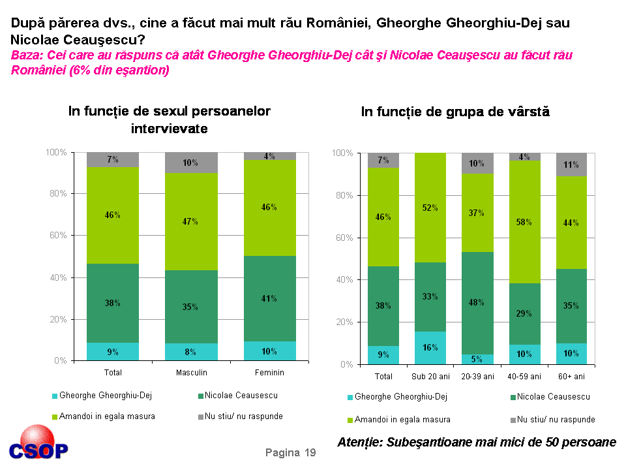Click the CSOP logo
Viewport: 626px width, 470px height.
pyautogui.click(x=38, y=445)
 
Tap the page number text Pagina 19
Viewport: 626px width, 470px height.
pyautogui.click(x=290, y=452)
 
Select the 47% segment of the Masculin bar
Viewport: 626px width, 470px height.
pyautogui.click(x=191, y=221)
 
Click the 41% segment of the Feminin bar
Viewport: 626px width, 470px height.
pyautogui.click(x=269, y=298)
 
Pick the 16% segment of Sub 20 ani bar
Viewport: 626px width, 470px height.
pyautogui.click(x=430, y=347)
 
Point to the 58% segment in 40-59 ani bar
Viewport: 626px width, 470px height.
pyautogui.click(x=524, y=222)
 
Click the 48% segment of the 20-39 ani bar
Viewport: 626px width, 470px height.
pyautogui.click(x=477, y=303)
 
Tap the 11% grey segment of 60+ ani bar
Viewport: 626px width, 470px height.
pyautogui.click(x=571, y=164)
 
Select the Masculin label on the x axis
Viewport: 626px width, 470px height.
pyautogui.click(x=191, y=372)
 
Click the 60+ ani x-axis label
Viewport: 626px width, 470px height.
pyautogui.click(x=571, y=376)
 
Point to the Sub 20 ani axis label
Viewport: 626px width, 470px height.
pyautogui.click(x=430, y=376)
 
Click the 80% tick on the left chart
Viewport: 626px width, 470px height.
pyautogui.click(x=56, y=194)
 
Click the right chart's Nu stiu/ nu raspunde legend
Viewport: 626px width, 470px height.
pyautogui.click(x=554, y=419)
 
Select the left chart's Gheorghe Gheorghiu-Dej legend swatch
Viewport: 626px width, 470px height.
pyautogui.click(x=54, y=396)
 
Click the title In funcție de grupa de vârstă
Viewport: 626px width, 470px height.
pyautogui.click(x=455, y=112)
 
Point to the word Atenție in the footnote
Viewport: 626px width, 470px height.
pyautogui.click(x=361, y=442)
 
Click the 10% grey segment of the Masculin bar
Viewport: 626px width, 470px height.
pyautogui.click(x=191, y=163)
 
